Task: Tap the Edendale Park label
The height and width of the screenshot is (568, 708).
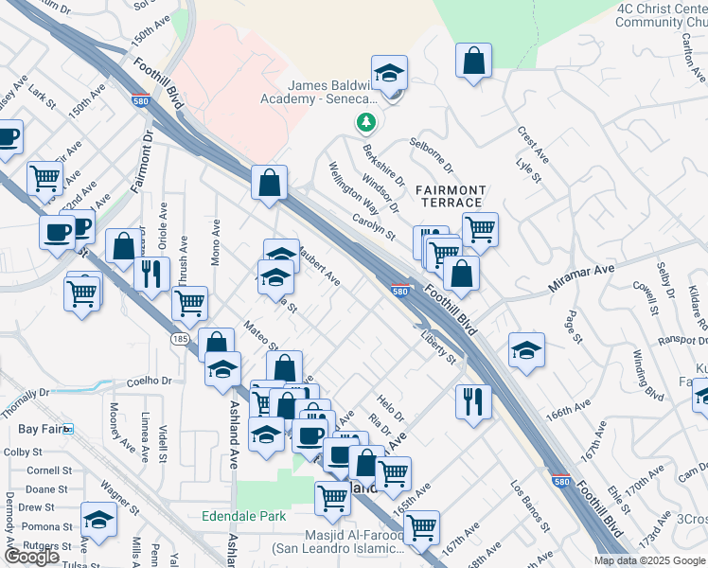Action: tap(243, 517)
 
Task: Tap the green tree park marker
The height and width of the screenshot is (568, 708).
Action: tap(365, 122)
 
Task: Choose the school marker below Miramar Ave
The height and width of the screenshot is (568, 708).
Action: tap(526, 349)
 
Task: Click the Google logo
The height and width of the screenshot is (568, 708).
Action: tap(31, 557)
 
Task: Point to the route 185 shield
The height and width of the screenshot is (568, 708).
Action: tap(182, 339)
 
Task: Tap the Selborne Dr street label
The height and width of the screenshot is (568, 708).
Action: tap(432, 156)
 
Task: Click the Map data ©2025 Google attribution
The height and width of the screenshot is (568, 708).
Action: tap(648, 560)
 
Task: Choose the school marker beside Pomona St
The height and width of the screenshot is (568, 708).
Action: tap(97, 520)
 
